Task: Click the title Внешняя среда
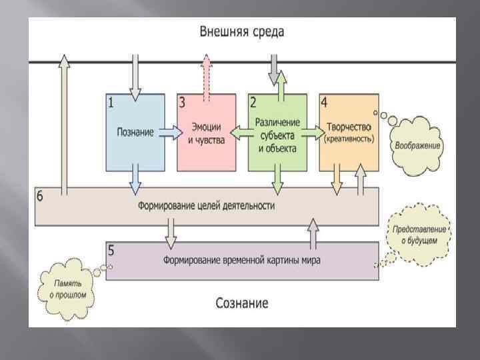pos(242,31)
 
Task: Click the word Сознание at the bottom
pos(242,303)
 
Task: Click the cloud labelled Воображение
pos(417,145)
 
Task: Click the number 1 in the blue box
pos(111,103)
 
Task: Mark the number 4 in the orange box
pos(324,103)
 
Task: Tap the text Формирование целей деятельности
pos(206,206)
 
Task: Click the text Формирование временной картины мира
pos(242,261)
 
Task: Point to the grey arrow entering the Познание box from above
pos(136,77)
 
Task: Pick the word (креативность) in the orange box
pos(349,139)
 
